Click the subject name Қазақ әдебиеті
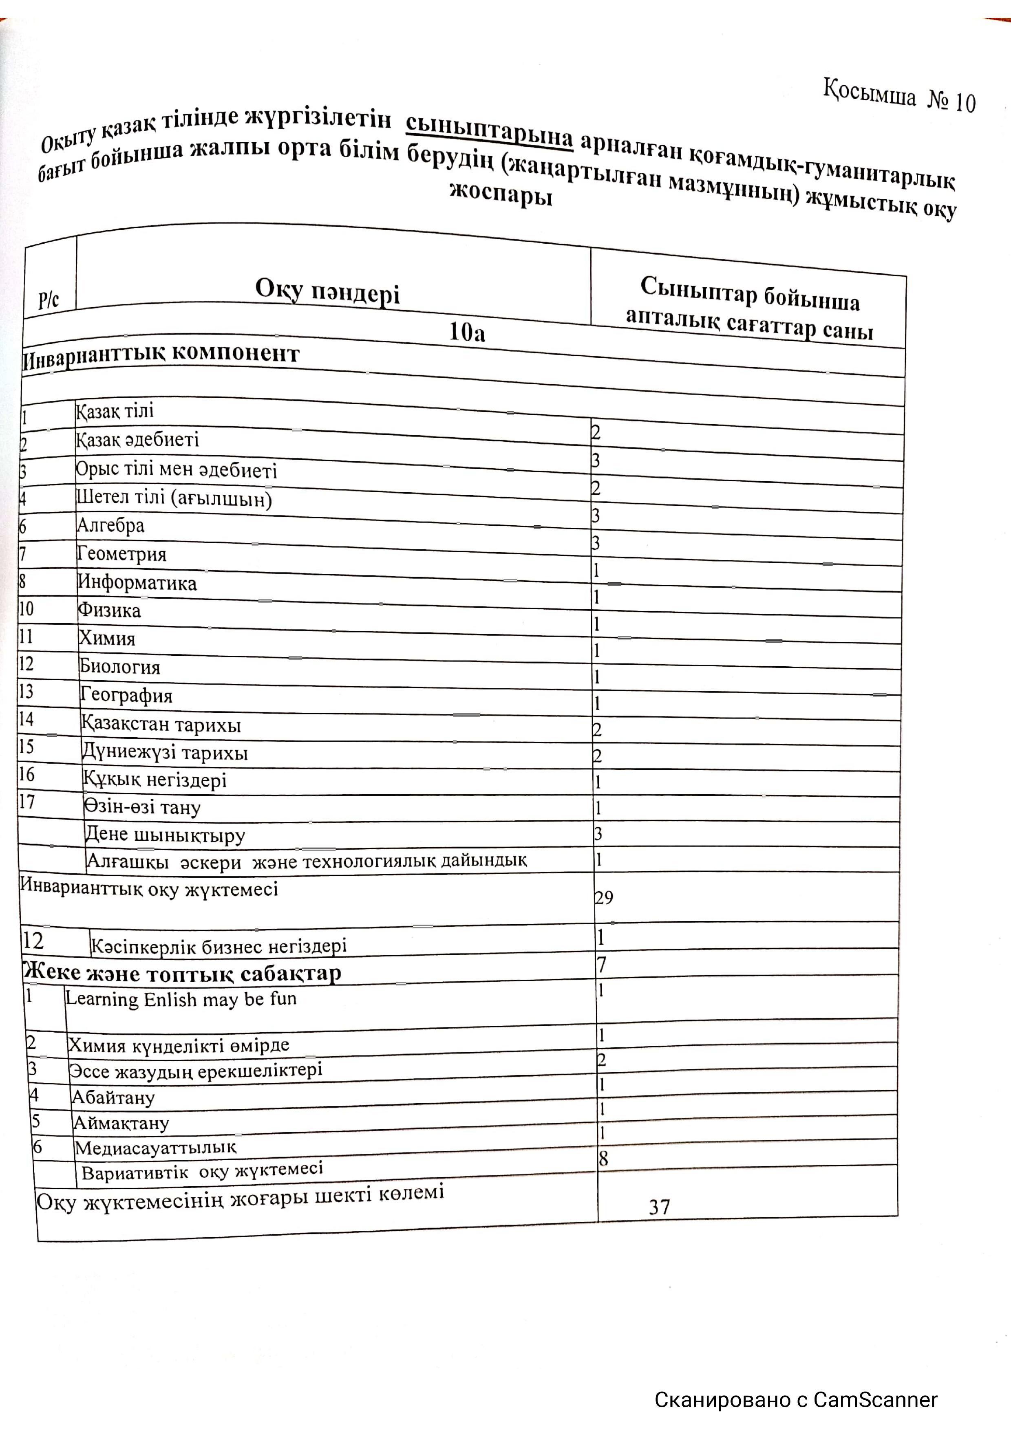(x=138, y=440)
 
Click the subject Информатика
(x=137, y=582)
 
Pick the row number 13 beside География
(x=26, y=691)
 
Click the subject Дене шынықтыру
(x=165, y=835)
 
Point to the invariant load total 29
(x=604, y=897)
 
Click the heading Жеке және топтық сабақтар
(x=181, y=973)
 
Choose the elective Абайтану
(x=113, y=1097)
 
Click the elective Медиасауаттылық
(x=156, y=1147)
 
